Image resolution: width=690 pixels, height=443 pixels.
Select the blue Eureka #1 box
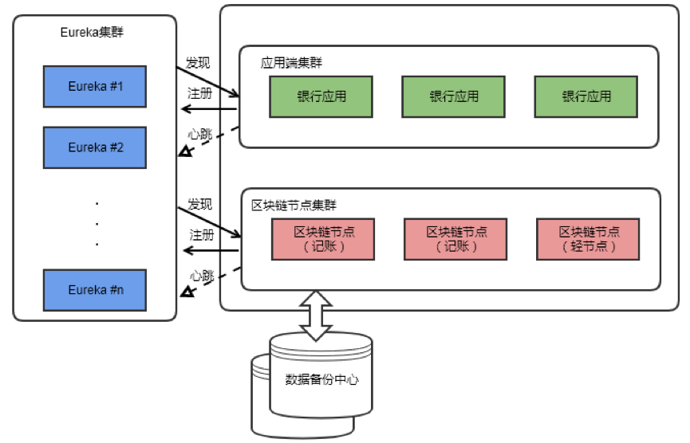click(x=95, y=86)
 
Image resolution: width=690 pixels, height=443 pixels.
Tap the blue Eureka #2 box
click(x=95, y=147)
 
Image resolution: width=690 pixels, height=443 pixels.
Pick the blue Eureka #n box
click(x=95, y=290)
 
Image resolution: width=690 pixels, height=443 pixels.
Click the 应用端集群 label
click(x=291, y=62)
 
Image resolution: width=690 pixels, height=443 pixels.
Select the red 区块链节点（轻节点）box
click(x=587, y=239)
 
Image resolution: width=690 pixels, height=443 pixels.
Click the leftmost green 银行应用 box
click(x=322, y=96)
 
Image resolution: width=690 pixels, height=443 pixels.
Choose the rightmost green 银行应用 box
click(x=586, y=96)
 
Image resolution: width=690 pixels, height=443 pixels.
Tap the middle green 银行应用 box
click(x=454, y=96)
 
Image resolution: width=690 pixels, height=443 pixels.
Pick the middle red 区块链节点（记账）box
click(x=456, y=239)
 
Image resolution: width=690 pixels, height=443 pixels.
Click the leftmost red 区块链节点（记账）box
click(x=324, y=239)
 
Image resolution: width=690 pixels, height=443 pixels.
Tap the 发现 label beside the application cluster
click(x=199, y=62)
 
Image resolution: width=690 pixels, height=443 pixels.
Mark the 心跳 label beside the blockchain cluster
click(x=203, y=276)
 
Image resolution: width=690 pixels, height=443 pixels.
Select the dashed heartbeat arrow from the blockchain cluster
click(x=211, y=281)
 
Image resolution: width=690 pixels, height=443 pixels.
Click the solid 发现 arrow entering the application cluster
click(x=208, y=81)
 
